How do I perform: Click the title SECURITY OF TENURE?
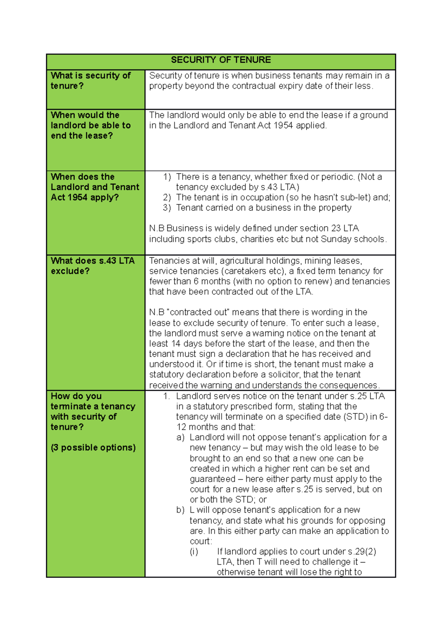[221, 60]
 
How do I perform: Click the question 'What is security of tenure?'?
[90, 81]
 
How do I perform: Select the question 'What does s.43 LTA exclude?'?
[92, 266]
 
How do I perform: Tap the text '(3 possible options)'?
[93, 447]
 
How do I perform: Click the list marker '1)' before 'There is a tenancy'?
[167, 177]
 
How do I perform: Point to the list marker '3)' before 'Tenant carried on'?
[167, 208]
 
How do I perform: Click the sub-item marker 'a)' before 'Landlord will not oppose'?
[180, 437]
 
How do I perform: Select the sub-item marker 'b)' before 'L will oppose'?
[180, 510]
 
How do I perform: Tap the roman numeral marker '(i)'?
[194, 551]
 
